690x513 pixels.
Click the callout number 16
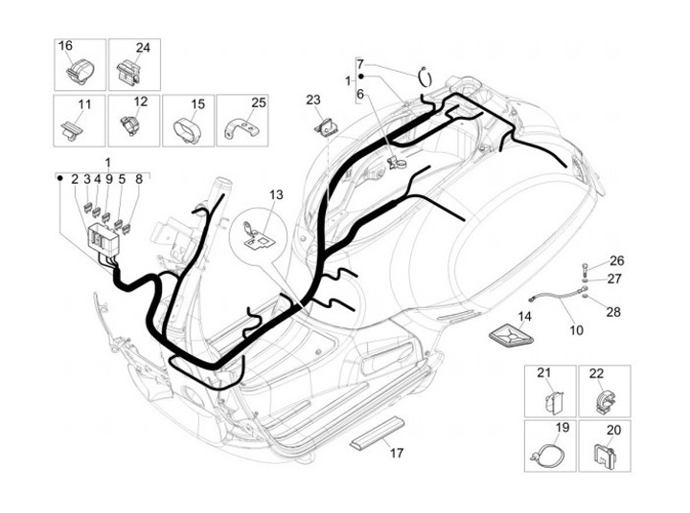coord(65,47)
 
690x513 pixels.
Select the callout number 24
coord(143,47)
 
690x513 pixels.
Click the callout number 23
coord(313,100)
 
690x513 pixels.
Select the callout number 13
coord(276,195)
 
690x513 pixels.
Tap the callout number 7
coord(360,64)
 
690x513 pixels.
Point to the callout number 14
coord(525,316)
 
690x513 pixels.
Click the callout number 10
coord(576,330)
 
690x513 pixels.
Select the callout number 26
coord(616,260)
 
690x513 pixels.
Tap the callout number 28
coord(613,313)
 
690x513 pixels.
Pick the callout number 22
coord(596,374)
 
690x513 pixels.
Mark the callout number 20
coord(613,430)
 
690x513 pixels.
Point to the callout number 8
coord(138,179)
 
